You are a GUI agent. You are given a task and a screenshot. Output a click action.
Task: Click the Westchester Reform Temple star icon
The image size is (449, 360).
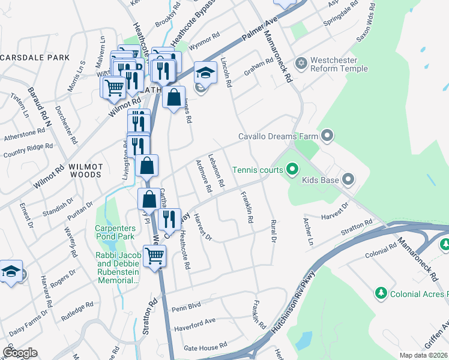(x=301, y=63)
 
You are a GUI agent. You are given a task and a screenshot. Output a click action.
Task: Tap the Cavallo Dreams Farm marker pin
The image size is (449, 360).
(x=327, y=136)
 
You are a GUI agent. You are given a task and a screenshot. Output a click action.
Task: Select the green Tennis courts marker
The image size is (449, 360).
(x=292, y=170)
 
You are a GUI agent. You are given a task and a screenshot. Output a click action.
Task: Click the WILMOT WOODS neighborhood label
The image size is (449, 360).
(x=85, y=170)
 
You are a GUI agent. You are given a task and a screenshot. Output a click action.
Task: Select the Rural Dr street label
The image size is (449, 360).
(x=273, y=231)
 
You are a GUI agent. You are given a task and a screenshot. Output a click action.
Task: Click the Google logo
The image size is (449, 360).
(x=20, y=353)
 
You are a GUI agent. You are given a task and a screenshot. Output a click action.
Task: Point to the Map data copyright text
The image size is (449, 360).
(x=423, y=355)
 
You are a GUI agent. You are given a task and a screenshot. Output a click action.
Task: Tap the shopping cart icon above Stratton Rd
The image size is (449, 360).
(x=155, y=256)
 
